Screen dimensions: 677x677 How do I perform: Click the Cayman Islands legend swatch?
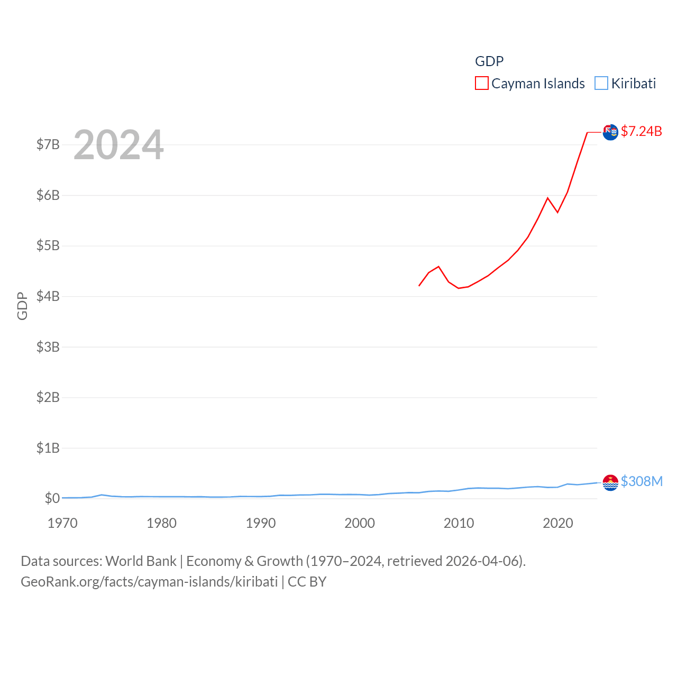(481, 84)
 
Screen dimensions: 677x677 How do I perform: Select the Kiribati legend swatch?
(601, 84)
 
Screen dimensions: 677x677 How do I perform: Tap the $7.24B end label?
(641, 131)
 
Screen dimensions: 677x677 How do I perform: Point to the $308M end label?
(641, 481)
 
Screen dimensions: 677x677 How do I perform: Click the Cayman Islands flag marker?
(610, 132)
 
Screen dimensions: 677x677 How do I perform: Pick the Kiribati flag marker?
(610, 482)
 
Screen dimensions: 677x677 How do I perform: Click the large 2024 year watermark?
(118, 145)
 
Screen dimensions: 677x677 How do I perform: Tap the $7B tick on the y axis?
(48, 144)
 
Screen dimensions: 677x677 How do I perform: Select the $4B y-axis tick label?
(48, 296)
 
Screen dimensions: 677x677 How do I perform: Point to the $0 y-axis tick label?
(52, 498)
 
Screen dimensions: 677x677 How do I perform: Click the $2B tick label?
(48, 397)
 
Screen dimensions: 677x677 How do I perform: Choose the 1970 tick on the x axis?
(62, 523)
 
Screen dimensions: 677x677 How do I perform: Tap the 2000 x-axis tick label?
(360, 523)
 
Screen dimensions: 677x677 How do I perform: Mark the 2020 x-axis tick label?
(558, 523)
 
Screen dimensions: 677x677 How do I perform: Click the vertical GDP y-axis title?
(22, 306)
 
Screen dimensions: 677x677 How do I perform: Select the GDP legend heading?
(489, 61)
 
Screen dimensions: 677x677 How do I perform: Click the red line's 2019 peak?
(547, 198)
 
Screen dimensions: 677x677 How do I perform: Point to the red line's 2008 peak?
(438, 267)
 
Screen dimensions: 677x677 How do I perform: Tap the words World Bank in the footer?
(141, 561)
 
